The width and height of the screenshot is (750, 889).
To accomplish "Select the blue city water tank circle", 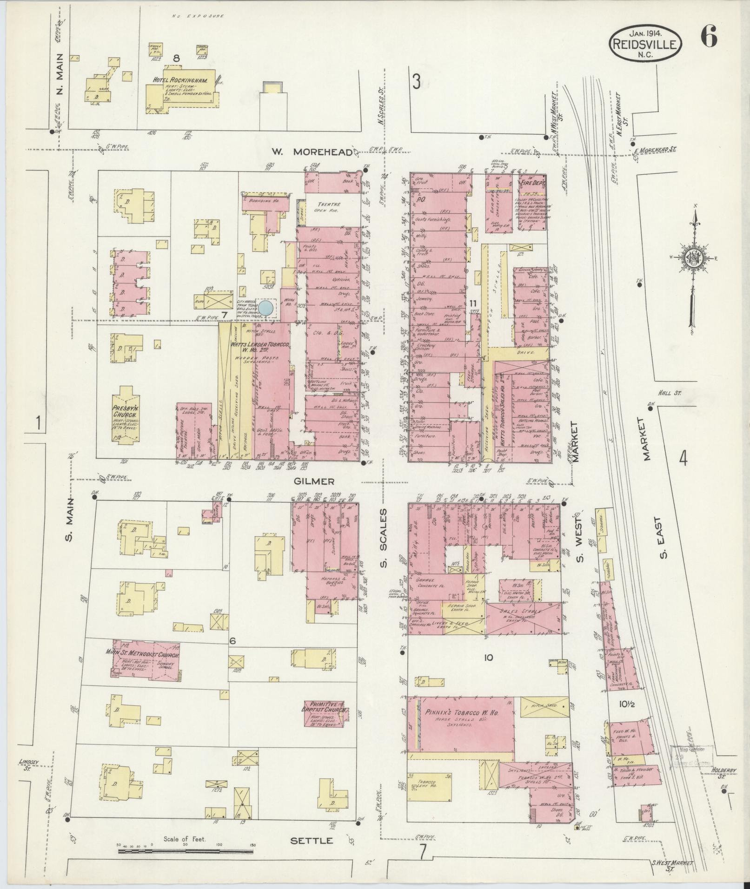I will (x=266, y=307).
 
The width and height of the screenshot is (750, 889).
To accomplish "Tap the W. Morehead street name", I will (x=311, y=152).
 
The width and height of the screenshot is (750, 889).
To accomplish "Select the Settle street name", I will (x=312, y=840).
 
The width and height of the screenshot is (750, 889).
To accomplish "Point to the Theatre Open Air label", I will (x=329, y=207).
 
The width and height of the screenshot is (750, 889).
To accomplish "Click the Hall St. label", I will (x=669, y=393).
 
